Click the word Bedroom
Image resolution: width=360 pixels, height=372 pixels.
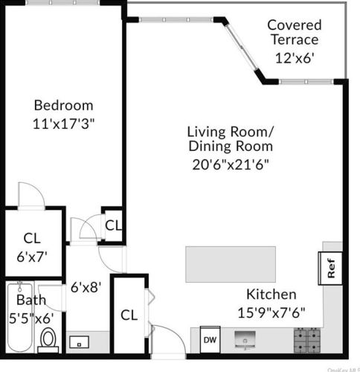tap(63, 105)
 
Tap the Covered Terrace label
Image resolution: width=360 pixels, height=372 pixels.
tap(294, 32)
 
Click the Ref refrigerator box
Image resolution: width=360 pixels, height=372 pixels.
tap(330, 268)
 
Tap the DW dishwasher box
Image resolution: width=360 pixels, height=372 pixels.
tap(210, 339)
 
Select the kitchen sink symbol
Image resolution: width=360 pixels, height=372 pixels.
tap(246, 341)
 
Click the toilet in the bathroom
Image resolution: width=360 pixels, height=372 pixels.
tap(49, 340)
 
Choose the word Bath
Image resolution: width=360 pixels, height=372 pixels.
tap(31, 301)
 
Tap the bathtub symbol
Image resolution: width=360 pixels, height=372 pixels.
tap(16, 320)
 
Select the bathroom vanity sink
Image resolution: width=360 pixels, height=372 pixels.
tap(80, 343)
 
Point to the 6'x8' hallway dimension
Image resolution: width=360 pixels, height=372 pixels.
tap(86, 285)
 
